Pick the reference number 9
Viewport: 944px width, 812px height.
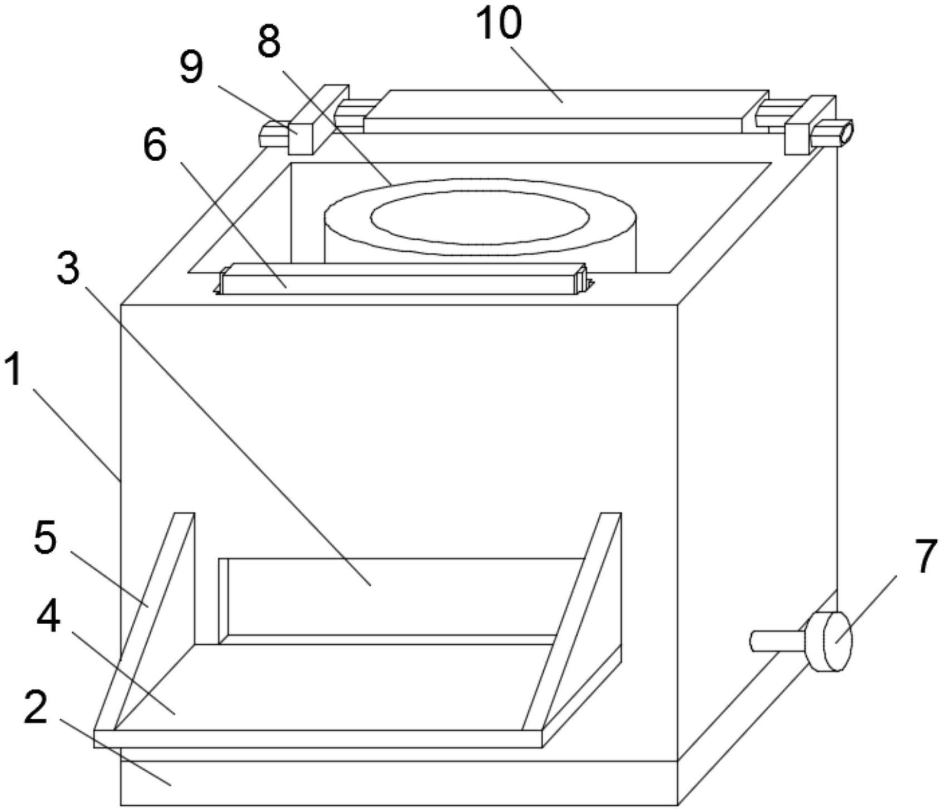191,68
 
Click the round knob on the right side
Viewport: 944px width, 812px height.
829,641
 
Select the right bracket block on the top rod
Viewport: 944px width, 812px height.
809,125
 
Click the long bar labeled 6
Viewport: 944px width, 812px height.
404,278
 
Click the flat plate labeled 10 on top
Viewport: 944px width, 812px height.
567,111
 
